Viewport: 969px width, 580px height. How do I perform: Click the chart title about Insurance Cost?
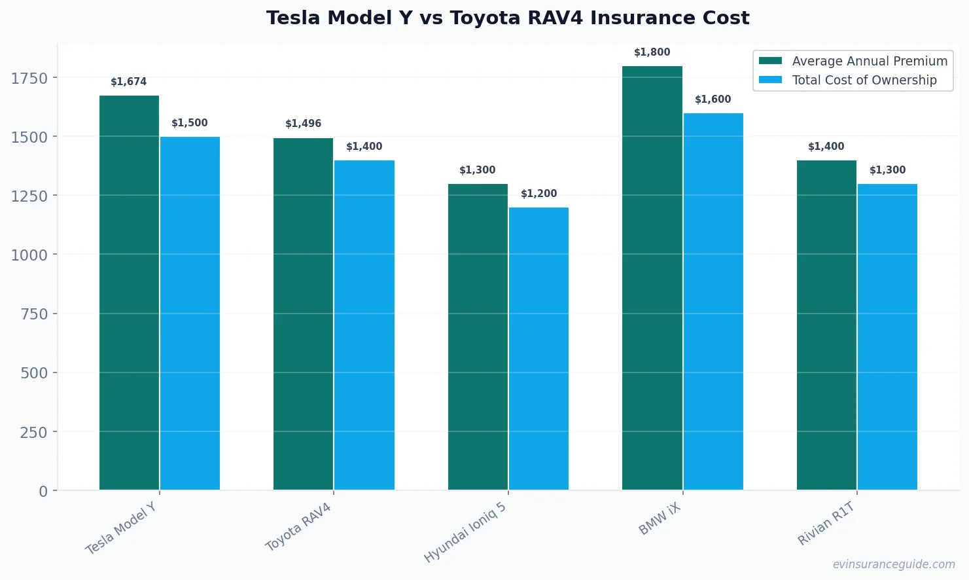click(507, 18)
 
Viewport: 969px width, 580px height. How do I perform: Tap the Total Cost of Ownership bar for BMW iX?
click(713, 301)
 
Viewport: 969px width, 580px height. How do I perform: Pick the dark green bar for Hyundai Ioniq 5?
click(478, 336)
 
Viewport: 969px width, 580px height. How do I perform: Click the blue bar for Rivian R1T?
click(887, 336)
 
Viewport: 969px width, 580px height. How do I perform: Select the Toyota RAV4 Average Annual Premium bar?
click(303, 314)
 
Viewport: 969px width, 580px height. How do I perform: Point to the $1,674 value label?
click(129, 82)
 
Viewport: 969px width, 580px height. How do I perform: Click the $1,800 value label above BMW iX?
click(652, 52)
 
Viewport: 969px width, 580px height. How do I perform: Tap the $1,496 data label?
click(303, 124)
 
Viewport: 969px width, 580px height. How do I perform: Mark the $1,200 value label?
click(538, 194)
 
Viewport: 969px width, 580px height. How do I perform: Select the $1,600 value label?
click(713, 100)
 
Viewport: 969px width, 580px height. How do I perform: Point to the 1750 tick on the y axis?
click(29, 79)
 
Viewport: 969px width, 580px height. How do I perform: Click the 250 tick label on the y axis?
click(33, 432)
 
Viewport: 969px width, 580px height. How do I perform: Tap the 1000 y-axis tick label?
click(29, 255)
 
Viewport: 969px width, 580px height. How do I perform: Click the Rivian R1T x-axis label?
click(826, 523)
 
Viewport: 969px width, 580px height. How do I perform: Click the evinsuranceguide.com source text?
click(893, 564)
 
